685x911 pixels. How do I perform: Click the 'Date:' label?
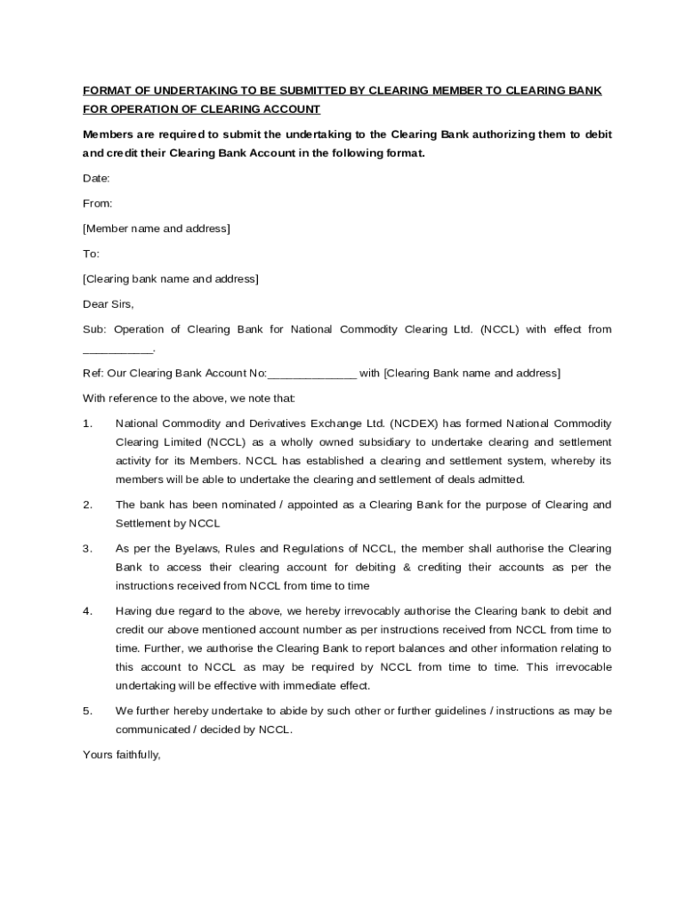[97, 178]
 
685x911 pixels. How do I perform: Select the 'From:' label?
[98, 203]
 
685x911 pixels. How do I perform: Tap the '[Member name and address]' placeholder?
[157, 229]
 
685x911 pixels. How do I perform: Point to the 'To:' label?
[92, 254]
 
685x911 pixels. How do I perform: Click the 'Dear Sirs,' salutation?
[109, 304]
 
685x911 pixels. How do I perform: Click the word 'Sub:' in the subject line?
[94, 329]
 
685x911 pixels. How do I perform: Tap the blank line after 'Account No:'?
[311, 373]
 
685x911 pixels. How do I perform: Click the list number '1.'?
[88, 423]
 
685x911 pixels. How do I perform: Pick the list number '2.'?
[88, 504]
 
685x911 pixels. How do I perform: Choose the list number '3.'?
[88, 548]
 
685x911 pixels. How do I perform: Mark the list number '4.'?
[88, 611]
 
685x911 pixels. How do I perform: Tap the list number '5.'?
[88, 711]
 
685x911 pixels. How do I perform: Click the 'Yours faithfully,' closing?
[122, 754]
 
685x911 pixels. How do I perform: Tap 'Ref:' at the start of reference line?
[93, 373]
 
